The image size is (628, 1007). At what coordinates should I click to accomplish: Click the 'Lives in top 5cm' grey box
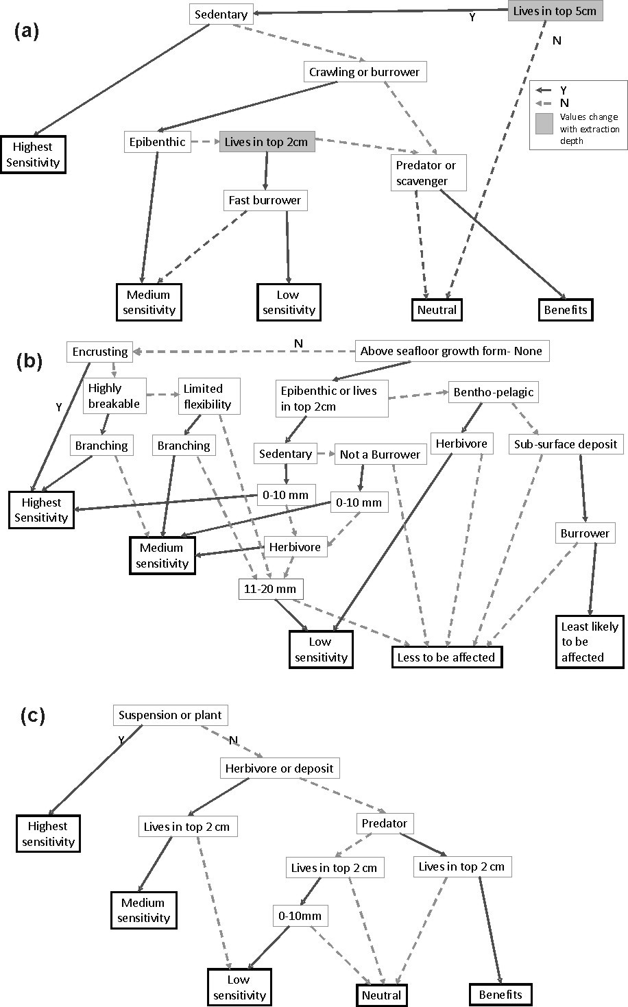555,12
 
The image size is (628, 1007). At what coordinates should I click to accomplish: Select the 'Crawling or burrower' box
364,72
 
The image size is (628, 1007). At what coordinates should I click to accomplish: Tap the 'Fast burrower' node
264,201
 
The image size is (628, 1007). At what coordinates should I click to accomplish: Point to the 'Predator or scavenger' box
426,173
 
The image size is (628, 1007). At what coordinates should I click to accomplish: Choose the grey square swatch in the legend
544,123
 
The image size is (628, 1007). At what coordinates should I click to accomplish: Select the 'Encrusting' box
100,352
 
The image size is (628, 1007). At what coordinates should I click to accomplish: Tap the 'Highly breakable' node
114,396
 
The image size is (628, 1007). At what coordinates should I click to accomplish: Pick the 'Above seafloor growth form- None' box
451,351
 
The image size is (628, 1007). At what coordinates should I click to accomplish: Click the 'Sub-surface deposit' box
566,444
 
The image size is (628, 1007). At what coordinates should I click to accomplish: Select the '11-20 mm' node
271,588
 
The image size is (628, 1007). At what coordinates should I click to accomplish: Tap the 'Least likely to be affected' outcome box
590,642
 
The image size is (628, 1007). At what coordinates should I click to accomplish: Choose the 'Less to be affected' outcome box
446,657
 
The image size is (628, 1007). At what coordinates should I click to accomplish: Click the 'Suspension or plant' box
170,715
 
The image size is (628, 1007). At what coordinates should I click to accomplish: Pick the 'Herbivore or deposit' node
279,768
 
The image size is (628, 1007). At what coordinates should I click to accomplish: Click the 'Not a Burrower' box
380,454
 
